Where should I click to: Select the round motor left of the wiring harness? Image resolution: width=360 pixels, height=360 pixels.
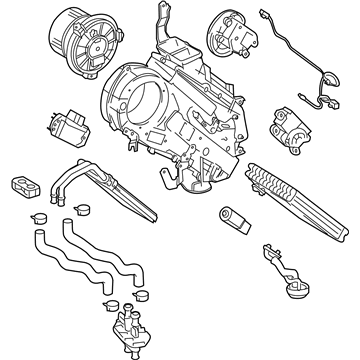click(x=232, y=34)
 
